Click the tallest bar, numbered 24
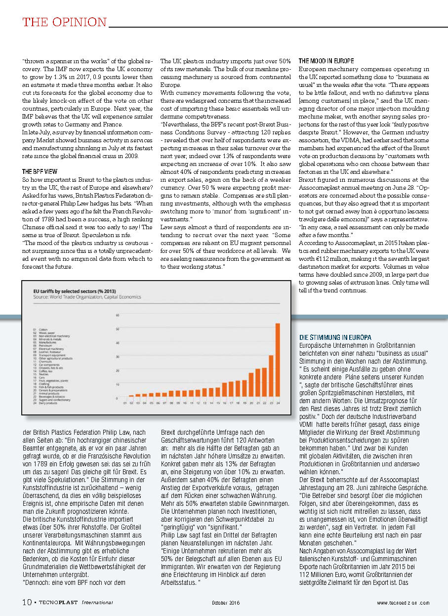pos(278,360)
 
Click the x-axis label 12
pos(198,403)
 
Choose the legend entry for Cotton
pos(41,329)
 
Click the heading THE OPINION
pos(65,22)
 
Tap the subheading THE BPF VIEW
pos(40,171)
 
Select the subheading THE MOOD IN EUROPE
pos(326,61)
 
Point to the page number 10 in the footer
pos(27,602)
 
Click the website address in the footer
pos(403,603)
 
